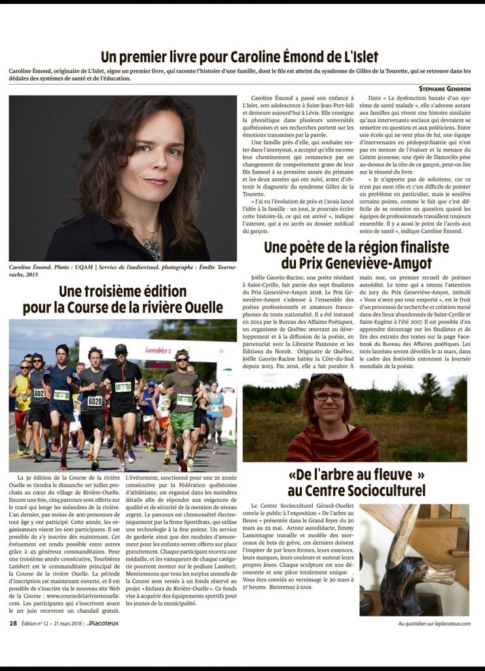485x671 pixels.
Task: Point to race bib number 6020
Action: [x=95, y=401]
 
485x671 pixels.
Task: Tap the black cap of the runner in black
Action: [x=120, y=349]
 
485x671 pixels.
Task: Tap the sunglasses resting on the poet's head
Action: [x=327, y=377]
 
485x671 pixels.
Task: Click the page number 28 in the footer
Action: [x=13, y=623]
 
